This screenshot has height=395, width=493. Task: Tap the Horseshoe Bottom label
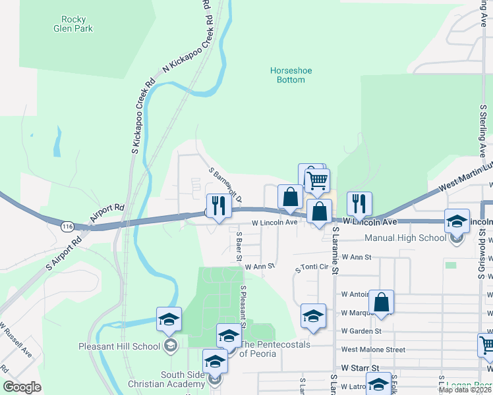[287, 75]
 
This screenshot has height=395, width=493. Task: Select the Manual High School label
[405, 238]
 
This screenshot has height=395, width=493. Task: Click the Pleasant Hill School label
[119, 346]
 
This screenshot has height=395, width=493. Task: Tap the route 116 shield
[67, 226]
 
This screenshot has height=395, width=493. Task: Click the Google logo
[22, 387]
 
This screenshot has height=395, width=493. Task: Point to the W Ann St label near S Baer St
[258, 267]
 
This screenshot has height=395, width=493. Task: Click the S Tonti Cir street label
[314, 267]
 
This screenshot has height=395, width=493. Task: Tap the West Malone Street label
[373, 350]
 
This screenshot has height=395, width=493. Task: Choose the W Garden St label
[361, 331]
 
